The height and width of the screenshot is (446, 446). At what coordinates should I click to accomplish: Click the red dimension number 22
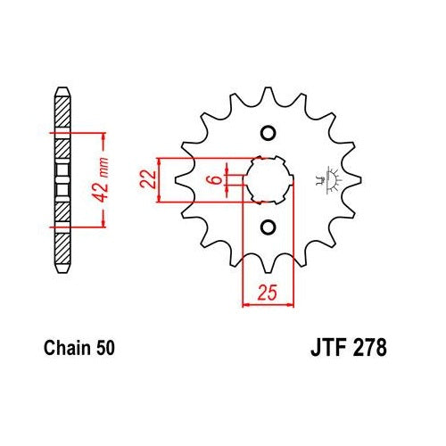click(x=148, y=179)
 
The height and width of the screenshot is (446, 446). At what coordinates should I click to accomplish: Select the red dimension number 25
click(x=267, y=293)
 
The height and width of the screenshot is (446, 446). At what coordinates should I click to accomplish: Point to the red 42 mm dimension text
click(x=100, y=180)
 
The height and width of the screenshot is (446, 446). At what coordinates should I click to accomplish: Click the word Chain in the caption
click(x=66, y=348)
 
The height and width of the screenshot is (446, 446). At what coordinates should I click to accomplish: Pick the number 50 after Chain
click(x=105, y=348)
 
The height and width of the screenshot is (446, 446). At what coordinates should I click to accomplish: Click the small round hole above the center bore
click(x=268, y=133)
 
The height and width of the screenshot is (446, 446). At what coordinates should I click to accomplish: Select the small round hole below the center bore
click(x=268, y=227)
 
